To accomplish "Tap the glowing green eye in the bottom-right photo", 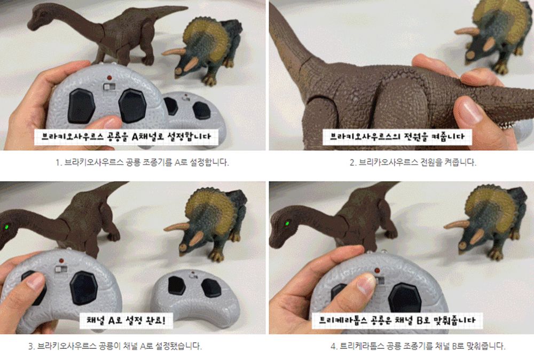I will click(x=286, y=222).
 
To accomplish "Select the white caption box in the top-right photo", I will click(x=398, y=137).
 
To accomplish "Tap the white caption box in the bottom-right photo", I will click(x=398, y=320).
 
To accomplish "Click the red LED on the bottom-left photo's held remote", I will click(x=56, y=260).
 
